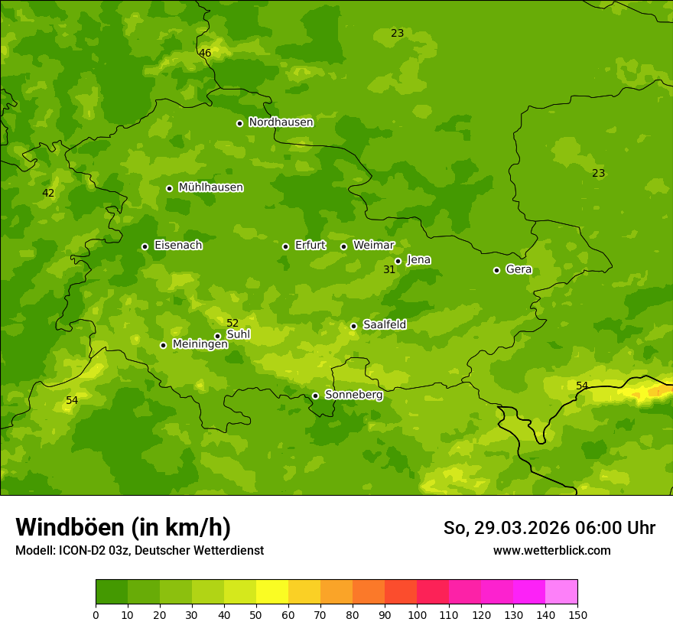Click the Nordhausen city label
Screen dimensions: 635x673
pyautogui.click(x=281, y=122)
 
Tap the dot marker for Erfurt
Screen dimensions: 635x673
pyautogui.click(x=285, y=246)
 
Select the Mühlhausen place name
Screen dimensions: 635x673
pyautogui.click(x=210, y=187)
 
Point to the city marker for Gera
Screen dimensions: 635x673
pyautogui.click(x=496, y=270)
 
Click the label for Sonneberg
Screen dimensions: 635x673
pyautogui.click(x=353, y=395)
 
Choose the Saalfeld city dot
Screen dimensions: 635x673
pyautogui.click(x=353, y=326)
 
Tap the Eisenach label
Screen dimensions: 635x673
pyautogui.click(x=178, y=246)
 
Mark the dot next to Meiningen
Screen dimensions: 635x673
pyautogui.click(x=163, y=345)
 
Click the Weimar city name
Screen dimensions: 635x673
pyautogui.click(x=373, y=246)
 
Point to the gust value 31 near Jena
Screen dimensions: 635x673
pyautogui.click(x=389, y=269)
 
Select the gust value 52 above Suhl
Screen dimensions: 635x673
pyautogui.click(x=232, y=323)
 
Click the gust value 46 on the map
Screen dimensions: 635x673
pyautogui.click(x=205, y=53)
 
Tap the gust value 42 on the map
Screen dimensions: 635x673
pyautogui.click(x=48, y=193)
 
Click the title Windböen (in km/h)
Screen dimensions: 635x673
pyautogui.click(x=123, y=527)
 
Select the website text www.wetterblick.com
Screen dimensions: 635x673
pyautogui.click(x=551, y=551)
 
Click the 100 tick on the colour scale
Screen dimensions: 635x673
pyautogui.click(x=417, y=614)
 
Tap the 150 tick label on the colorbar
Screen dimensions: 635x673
pyautogui.click(x=577, y=614)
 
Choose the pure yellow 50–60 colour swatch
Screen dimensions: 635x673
pyautogui.click(x=272, y=592)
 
